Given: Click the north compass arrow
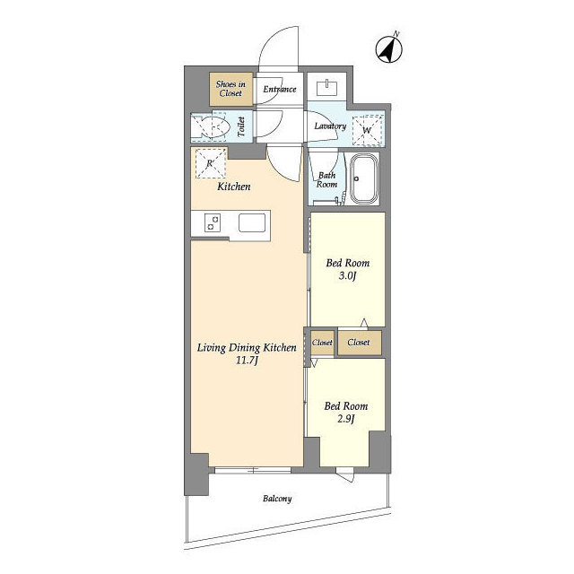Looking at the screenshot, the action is click(x=388, y=49).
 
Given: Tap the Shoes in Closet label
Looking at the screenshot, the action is click(x=230, y=89).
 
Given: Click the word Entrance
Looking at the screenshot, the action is click(x=280, y=89).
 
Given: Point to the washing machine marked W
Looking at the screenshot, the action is click(x=367, y=130).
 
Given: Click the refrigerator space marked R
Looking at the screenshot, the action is click(x=211, y=163).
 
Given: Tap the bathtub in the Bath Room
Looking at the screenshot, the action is click(x=363, y=179).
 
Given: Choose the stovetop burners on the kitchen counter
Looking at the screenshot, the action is click(x=213, y=222).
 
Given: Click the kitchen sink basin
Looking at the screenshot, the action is click(x=252, y=223).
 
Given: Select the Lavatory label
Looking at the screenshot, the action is click(x=330, y=126).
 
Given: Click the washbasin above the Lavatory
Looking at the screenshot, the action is click(x=326, y=88).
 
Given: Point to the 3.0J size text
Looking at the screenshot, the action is click(x=347, y=275).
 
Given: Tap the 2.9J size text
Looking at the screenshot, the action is click(x=346, y=419).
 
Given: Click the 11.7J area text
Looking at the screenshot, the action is click(x=247, y=361).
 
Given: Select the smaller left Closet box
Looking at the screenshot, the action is click(x=322, y=343).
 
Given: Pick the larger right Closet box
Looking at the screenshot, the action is click(x=360, y=343).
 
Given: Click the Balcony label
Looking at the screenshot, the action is click(x=277, y=499).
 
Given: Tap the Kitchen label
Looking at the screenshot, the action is click(x=234, y=187).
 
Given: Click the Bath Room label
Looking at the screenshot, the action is click(x=326, y=179).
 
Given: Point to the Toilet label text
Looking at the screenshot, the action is click(x=241, y=126).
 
